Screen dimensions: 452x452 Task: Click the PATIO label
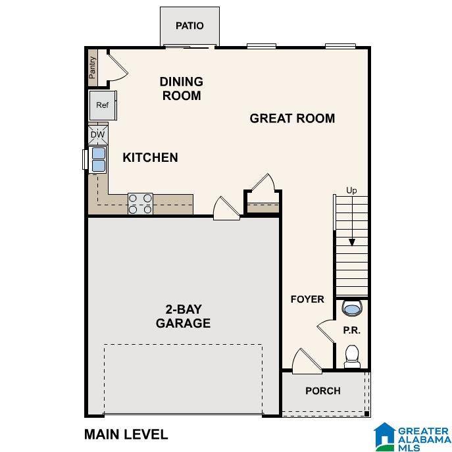tap(189, 26)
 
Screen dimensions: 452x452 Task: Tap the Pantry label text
tap(93, 66)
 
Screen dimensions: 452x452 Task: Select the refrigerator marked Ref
tap(103, 105)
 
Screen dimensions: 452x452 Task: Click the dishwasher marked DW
tap(97, 136)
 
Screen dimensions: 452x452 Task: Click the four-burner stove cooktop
tap(140, 203)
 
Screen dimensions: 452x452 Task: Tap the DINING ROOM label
tap(181, 88)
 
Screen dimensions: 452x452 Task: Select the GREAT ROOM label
tap(292, 118)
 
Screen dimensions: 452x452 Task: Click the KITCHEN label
tap(150, 157)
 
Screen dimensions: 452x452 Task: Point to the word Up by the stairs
tap(351, 191)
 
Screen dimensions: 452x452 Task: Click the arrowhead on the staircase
tap(352, 241)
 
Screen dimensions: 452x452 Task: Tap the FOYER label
tap(307, 299)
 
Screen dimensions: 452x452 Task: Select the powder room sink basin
tap(352, 309)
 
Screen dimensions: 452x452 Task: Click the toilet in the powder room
tap(352, 355)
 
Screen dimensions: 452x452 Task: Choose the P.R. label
tap(351, 331)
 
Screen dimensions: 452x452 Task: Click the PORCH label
tap(323, 391)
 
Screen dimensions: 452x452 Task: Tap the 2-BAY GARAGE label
tap(183, 316)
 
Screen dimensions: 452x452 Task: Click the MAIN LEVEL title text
tap(126, 434)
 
